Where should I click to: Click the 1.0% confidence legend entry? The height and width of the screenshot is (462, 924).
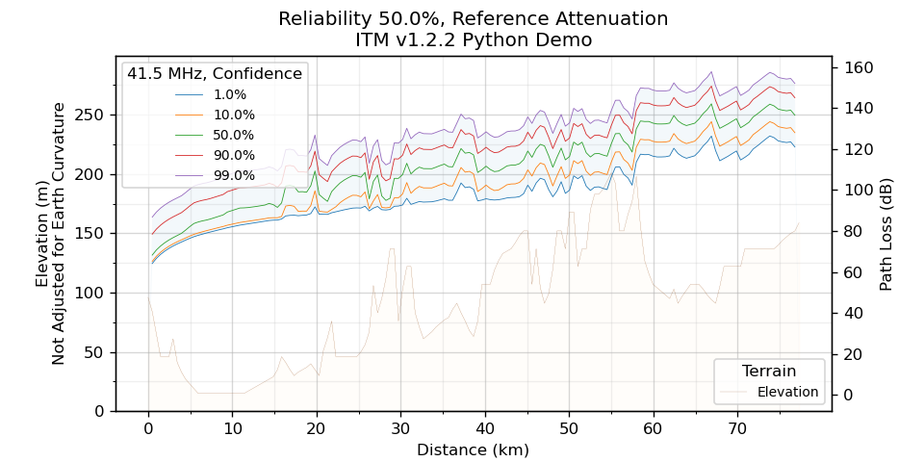pos(229,94)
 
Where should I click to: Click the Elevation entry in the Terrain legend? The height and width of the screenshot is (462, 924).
pos(787,392)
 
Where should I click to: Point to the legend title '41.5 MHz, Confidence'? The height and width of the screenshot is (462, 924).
pos(215,73)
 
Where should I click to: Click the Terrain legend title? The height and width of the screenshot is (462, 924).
pos(769,371)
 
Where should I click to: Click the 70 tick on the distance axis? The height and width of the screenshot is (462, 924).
pos(737,428)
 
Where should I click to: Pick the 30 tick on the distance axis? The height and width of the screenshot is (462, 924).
pos(400,428)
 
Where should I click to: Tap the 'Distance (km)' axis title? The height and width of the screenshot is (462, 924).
pos(473,449)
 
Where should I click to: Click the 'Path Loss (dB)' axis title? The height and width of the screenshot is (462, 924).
pos(886,231)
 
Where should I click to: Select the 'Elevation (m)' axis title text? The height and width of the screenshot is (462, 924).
pos(42,234)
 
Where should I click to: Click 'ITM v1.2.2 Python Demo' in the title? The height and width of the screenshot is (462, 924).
pos(473,40)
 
